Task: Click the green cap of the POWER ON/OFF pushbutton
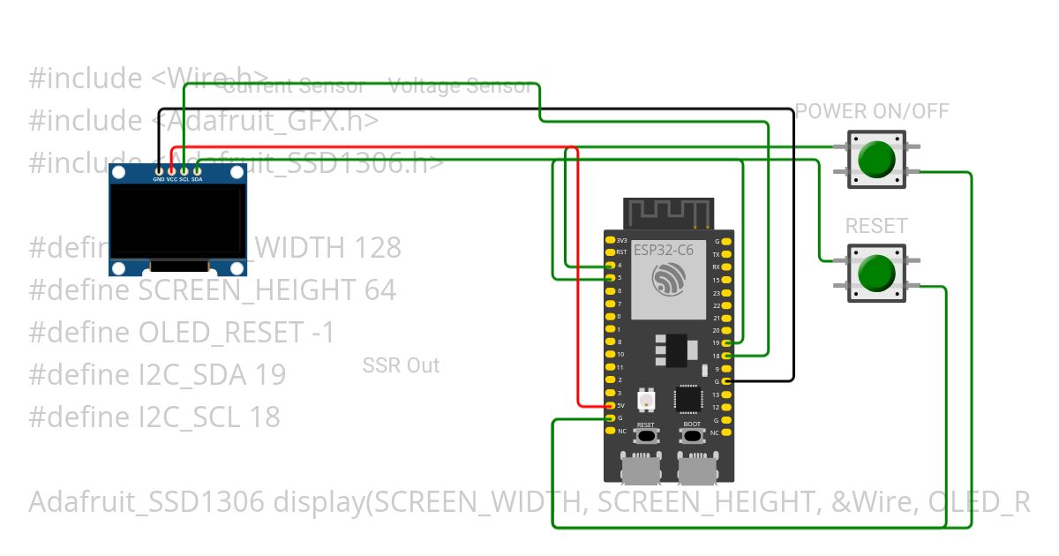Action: (x=875, y=159)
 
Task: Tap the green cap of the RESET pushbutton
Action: (x=875, y=273)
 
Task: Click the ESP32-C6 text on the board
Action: (x=664, y=250)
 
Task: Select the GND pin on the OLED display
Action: (x=159, y=170)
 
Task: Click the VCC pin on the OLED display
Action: (x=171, y=170)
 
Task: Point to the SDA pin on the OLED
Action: (x=197, y=170)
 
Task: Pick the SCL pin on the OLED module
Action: (x=184, y=170)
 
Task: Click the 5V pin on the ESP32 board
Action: (x=610, y=405)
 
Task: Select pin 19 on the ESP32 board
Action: (x=726, y=342)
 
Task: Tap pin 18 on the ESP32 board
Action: (x=726, y=355)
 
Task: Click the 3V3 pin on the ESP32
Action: (x=610, y=240)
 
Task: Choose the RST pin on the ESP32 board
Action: (x=610, y=252)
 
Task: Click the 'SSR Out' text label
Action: (x=401, y=365)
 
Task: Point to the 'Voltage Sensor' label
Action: (x=461, y=86)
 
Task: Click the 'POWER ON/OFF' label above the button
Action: (x=872, y=111)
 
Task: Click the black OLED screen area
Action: (x=176, y=221)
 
